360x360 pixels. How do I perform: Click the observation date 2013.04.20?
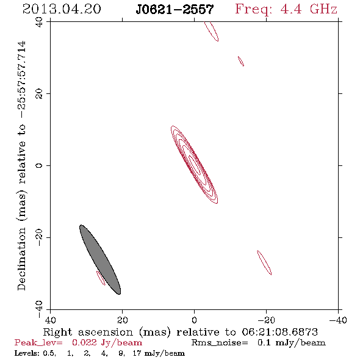(x=62, y=9)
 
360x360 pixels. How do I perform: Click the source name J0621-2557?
(x=175, y=10)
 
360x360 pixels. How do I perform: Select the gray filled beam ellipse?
(x=100, y=260)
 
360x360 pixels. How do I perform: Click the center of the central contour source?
(x=194, y=165)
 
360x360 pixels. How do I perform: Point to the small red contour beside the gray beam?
(x=101, y=278)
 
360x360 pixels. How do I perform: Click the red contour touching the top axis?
(x=212, y=31)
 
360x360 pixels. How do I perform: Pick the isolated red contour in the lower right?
(x=264, y=262)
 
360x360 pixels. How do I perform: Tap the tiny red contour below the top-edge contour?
(x=241, y=61)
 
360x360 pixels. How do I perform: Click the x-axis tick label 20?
(x=122, y=320)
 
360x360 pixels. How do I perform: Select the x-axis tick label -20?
(x=266, y=320)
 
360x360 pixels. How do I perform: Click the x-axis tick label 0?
(x=194, y=320)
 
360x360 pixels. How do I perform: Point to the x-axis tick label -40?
(x=338, y=320)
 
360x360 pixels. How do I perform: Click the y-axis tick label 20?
(x=39, y=94)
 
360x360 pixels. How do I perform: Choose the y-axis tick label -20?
(x=39, y=237)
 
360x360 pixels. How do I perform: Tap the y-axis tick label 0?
(x=39, y=165)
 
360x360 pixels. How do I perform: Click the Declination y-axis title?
(x=22, y=165)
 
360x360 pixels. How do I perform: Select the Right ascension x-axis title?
(x=181, y=332)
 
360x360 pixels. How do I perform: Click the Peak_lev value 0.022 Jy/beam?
(x=107, y=343)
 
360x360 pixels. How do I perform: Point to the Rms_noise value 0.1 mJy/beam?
(x=291, y=343)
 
